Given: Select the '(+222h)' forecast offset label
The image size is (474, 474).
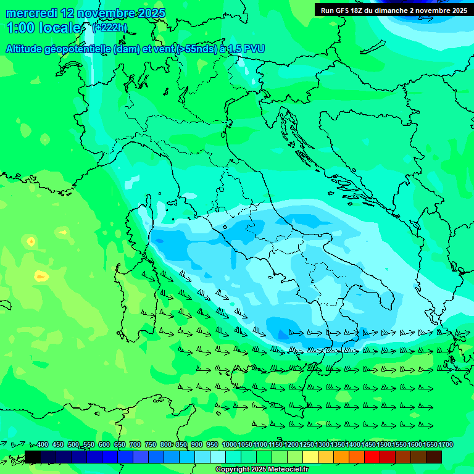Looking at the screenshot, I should [x=109, y=27].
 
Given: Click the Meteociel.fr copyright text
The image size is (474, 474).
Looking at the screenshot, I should [x=262, y=470].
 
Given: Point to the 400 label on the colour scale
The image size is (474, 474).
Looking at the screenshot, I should [x=43, y=444].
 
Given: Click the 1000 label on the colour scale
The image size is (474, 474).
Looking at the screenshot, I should [x=230, y=444].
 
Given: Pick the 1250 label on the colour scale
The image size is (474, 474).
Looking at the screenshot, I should [x=307, y=444].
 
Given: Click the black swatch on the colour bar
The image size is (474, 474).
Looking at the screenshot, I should [x=33, y=457].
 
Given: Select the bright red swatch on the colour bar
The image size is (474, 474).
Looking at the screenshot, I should [x=372, y=457].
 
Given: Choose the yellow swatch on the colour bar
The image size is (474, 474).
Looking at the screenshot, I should [x=310, y=457].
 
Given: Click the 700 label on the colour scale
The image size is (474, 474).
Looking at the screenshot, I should [x=135, y=444].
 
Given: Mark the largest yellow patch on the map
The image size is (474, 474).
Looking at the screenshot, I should [x=41, y=276].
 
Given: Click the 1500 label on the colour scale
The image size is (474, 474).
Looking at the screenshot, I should [x=384, y=444].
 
